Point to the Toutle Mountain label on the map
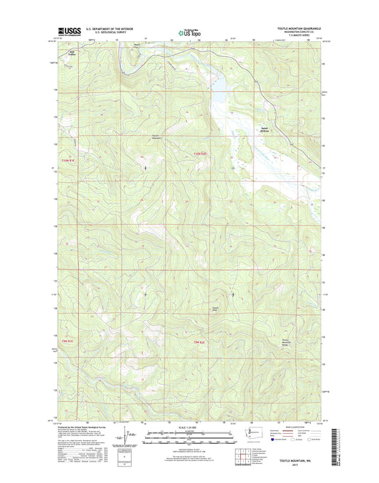137,137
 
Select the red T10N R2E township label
202,153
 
